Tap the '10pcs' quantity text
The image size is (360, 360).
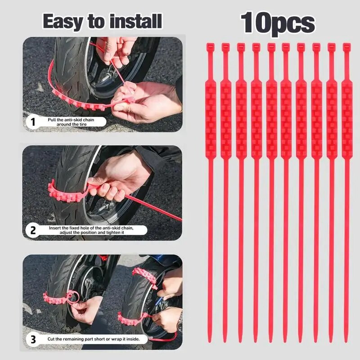coord(278,22)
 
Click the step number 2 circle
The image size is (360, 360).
coord(32,231)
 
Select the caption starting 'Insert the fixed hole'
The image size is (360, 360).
coord(97,231)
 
